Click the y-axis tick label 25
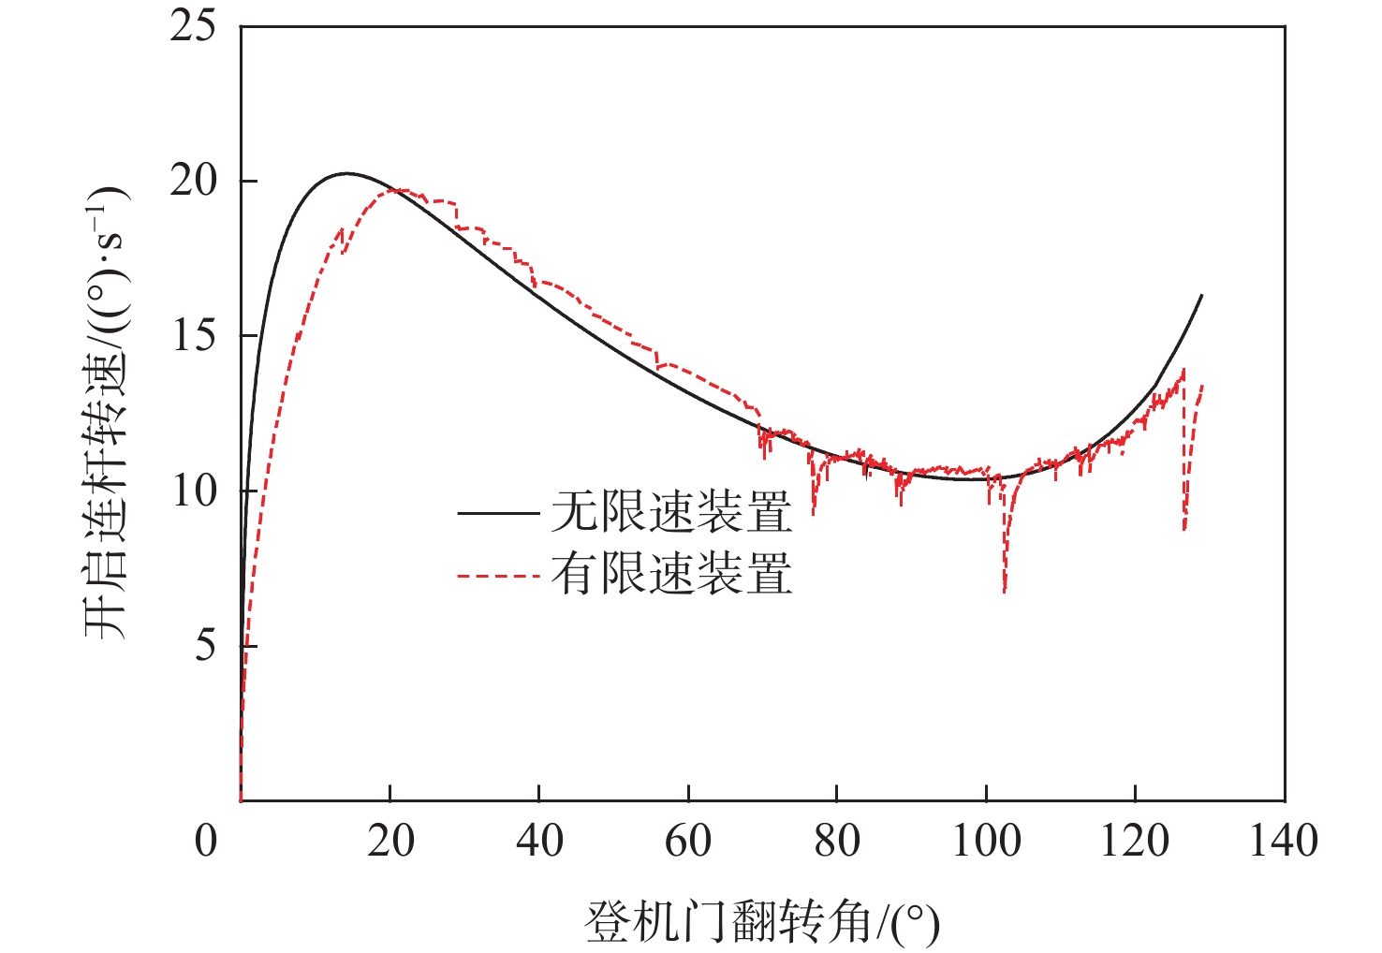pos(192,26)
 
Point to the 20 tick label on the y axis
pos(192,181)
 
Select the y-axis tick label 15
pos(192,336)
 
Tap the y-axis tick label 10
pos(192,491)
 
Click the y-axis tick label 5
pos(204,646)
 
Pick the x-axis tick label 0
pos(206,841)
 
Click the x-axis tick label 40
pos(539,841)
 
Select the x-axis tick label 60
pos(688,841)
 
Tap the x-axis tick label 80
pos(837,841)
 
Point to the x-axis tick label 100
pos(986,841)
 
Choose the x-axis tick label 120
pos(1135,841)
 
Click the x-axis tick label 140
pos(1284,841)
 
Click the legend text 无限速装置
pos(671,512)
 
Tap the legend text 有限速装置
pos(671,574)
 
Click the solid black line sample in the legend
pos(498,513)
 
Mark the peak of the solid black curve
pos(346,173)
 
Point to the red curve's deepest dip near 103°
pos(1005,590)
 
